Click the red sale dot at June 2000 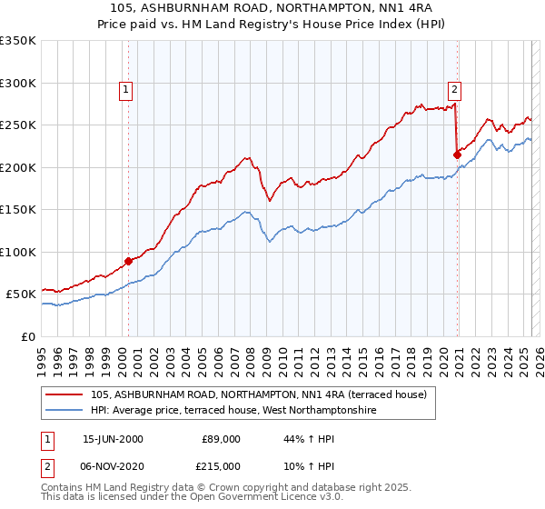pos(128,261)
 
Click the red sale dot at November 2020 pos(457,155)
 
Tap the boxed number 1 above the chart pos(124,89)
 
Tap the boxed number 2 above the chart pos(453,89)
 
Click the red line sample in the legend pos(64,394)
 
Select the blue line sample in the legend pos(64,411)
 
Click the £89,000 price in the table pos(221,439)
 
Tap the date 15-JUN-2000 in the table pos(113,439)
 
